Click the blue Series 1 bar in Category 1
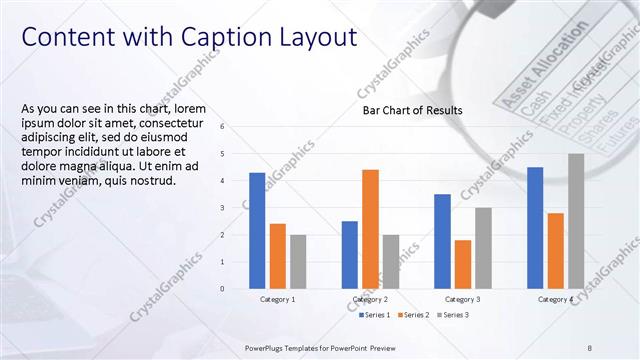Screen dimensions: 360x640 pos(257,231)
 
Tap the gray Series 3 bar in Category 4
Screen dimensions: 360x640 pos(576,221)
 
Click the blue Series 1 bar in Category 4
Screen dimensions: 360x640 pos(535,228)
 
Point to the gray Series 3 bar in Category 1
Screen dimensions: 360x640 pos(298,262)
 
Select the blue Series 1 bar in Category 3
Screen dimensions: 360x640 pos(442,241)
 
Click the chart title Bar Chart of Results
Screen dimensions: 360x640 pos(412,110)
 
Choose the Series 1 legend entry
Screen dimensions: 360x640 pos(375,315)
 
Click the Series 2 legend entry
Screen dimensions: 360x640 pos(414,315)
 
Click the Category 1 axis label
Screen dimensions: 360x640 pos(277,299)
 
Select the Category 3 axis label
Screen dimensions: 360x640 pos(463,299)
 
